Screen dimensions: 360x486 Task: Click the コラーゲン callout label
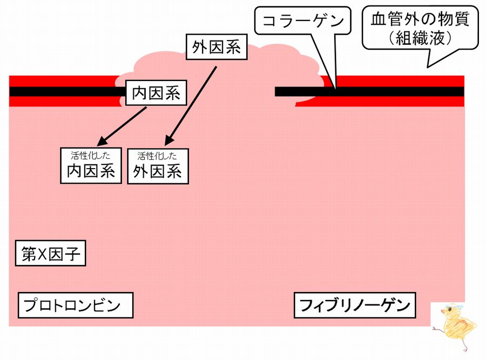tap(302, 22)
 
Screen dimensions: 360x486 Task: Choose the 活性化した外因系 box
tap(158, 166)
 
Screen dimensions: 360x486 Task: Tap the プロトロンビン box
tap(76, 305)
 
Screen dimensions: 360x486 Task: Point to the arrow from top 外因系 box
tap(192, 106)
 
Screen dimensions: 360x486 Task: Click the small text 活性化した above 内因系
tap(91, 155)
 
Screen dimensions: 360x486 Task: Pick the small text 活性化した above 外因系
tap(158, 156)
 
